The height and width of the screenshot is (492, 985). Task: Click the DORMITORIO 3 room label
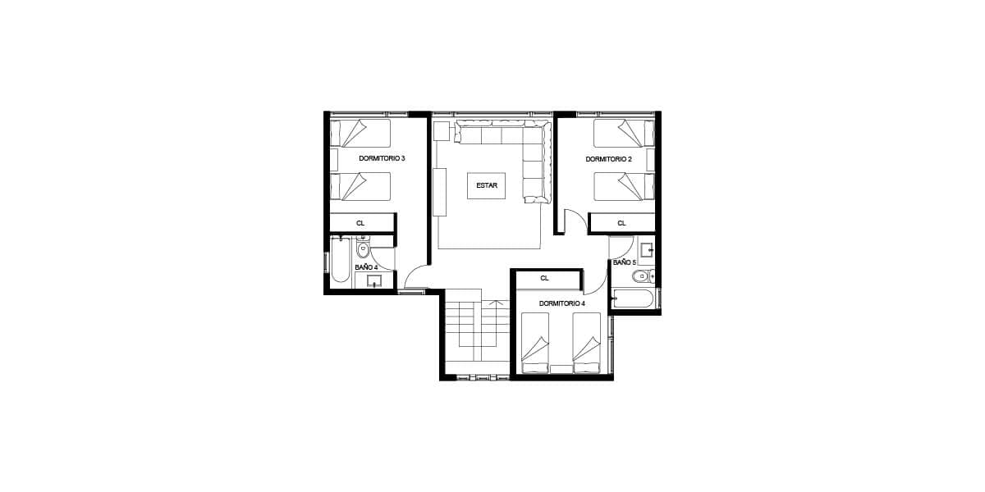pos(382,158)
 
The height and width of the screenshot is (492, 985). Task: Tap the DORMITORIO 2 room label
pos(608,159)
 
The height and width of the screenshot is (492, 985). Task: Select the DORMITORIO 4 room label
pos(562,303)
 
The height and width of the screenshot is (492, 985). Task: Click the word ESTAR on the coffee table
pos(486,185)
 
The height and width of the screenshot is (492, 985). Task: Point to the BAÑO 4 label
pos(366,267)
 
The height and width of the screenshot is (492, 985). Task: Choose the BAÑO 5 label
pos(625,262)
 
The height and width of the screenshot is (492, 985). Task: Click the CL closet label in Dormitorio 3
pos(360,223)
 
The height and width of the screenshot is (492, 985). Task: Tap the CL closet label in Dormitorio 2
pos(621,223)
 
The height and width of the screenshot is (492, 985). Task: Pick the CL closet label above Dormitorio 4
pos(544,278)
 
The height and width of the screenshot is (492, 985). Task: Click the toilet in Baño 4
pos(363,248)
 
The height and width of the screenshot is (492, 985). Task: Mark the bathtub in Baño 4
pos(341,260)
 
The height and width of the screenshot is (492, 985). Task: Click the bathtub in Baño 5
pos(633,298)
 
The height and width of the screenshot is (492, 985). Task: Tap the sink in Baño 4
pos(374,280)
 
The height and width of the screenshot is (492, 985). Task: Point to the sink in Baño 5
pos(646,250)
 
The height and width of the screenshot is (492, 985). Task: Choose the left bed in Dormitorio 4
pos(535,343)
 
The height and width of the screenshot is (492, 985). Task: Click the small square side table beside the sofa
pos(441,131)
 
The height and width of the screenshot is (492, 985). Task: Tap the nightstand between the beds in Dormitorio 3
pos(334,159)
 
